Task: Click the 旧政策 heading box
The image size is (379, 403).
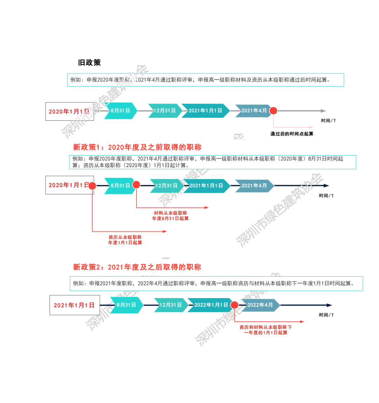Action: click(89, 63)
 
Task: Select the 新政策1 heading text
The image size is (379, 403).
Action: click(137, 147)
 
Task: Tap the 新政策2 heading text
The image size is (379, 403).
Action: click(137, 267)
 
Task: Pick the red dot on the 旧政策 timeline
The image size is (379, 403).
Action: click(273, 111)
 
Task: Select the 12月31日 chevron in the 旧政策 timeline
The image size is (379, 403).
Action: click(164, 111)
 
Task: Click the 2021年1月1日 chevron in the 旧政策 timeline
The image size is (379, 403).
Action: click(205, 111)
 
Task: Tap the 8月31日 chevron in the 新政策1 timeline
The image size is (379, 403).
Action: click(120, 186)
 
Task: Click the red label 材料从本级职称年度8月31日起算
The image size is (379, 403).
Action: click(170, 216)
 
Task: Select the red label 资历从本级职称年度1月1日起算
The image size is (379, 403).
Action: click(125, 240)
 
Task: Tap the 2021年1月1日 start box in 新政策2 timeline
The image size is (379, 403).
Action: click(74, 305)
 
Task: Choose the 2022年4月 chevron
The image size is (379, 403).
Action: click(260, 305)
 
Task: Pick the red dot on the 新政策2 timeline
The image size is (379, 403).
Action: click(234, 305)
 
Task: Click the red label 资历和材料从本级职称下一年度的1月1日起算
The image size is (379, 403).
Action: click(266, 330)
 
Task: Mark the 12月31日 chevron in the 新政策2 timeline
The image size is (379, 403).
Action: click(170, 305)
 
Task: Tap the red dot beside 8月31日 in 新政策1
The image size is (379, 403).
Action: click(137, 185)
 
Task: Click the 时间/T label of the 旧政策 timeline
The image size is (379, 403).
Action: click(328, 121)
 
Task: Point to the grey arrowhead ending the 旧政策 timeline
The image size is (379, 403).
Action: click(323, 111)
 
